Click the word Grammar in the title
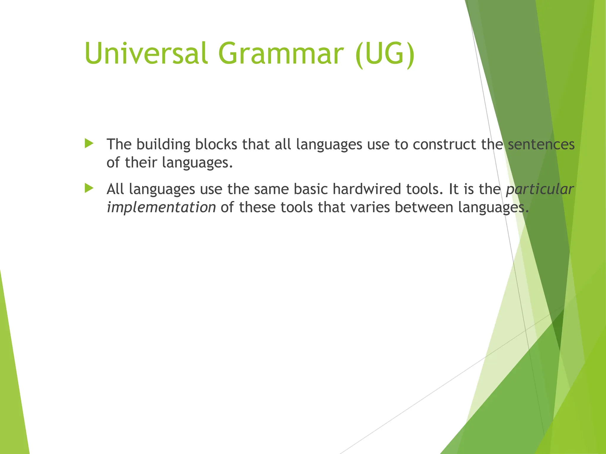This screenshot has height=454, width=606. [281, 53]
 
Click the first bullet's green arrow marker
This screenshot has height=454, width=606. [89, 144]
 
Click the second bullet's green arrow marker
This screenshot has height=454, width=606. [89, 188]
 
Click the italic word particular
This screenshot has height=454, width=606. [540, 189]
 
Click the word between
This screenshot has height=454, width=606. [424, 207]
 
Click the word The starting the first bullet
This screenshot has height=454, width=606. [119, 144]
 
